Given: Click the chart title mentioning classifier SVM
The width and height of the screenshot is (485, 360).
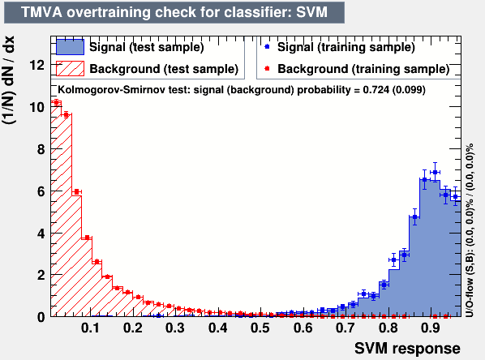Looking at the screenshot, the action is click(174, 13).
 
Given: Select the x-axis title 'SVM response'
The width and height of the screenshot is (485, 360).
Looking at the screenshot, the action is click(407, 349).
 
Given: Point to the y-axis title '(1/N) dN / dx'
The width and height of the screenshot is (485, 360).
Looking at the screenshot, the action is click(9, 80).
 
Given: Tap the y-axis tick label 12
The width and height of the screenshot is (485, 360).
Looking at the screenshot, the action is click(36, 65).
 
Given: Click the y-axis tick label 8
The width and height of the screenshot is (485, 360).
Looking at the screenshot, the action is click(41, 150).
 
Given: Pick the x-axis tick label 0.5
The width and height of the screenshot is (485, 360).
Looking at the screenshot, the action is click(260, 328).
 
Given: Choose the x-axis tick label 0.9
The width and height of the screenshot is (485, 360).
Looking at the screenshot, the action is click(431, 328).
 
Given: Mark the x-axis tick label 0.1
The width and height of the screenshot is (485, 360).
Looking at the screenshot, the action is click(90, 328).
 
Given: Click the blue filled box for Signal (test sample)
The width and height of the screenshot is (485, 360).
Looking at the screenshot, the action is click(70, 47).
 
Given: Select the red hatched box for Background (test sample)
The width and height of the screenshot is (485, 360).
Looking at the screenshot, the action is click(70, 68).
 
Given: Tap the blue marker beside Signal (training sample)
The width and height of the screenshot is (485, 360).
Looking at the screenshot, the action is click(268, 47).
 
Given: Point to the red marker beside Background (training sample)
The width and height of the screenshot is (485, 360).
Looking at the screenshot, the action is click(268, 68).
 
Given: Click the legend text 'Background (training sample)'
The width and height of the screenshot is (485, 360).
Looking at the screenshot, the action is click(363, 69).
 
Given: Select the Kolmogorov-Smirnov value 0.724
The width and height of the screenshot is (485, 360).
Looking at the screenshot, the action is click(376, 90).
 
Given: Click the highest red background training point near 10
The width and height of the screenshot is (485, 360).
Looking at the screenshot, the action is click(56, 102).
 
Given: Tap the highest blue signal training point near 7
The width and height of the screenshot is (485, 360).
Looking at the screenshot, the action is click(435, 172).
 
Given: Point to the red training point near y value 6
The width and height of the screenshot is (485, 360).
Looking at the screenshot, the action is click(77, 191).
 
